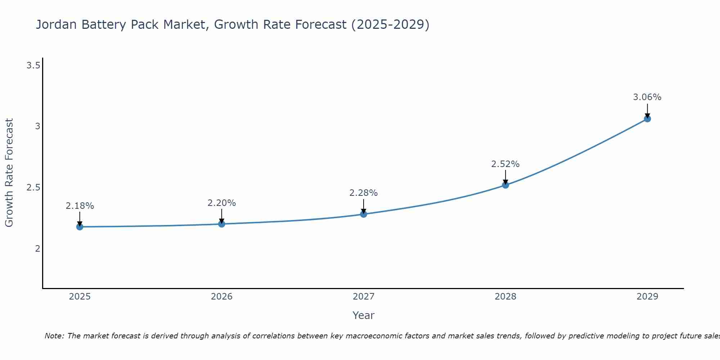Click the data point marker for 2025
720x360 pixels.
pos(80,226)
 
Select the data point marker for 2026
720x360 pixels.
pos(221,224)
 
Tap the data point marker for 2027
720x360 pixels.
pos(363,214)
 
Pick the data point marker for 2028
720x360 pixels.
pos(505,185)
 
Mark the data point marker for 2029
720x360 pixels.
pos(647,119)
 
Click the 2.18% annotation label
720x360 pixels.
pos(80,206)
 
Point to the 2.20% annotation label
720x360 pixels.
pos(221,203)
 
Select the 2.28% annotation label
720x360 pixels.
pos(363,193)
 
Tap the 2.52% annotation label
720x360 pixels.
pos(505,164)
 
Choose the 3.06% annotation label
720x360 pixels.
pos(647,97)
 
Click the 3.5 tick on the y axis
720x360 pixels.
pos(33,66)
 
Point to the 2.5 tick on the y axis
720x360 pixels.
pos(33,188)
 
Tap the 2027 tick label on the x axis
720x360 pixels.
pos(363,297)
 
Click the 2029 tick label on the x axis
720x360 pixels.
pos(647,297)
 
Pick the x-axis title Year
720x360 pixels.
pos(363,315)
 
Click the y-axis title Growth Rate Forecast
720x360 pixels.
pos(9,173)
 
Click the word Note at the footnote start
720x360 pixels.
pos(54,336)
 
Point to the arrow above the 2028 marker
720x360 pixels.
pos(505,177)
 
